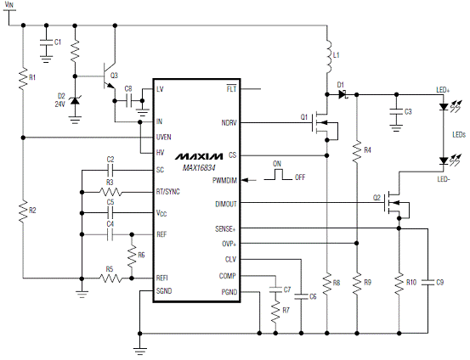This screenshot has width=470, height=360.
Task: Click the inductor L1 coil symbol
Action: point(329,56)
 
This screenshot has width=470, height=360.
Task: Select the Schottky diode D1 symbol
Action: point(343,94)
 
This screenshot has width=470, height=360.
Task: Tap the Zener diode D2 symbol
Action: point(75,101)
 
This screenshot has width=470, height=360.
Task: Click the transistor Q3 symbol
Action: point(109,76)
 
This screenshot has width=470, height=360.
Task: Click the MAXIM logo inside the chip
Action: point(199,156)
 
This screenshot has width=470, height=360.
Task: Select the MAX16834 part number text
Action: point(199,168)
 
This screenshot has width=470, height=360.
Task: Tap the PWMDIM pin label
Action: point(224,181)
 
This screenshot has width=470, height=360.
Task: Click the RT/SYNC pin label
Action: point(168,192)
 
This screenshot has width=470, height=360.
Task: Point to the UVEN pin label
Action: point(163,138)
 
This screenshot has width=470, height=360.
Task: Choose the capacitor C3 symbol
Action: point(396,112)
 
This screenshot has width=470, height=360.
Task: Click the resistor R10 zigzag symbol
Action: point(399,283)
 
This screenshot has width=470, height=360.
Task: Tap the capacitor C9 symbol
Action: point(428,282)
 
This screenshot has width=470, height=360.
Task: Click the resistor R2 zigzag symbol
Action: point(23,211)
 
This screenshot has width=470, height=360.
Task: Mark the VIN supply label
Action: point(9,4)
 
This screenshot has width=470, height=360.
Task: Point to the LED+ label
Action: point(443,90)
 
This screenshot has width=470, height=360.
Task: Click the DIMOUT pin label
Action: point(226,205)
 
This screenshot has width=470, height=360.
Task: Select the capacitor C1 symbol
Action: point(46,42)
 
